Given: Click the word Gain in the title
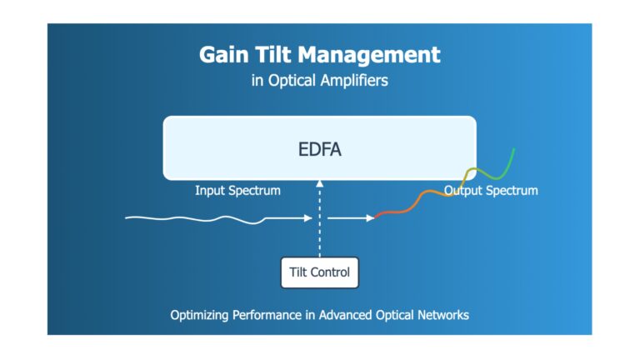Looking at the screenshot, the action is coord(223,55).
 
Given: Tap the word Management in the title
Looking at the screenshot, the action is coord(369,55).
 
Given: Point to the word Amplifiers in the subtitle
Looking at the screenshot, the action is coord(354,80).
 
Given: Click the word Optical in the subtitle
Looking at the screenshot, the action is coord(292,80).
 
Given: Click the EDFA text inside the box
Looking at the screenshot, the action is coord(320,149).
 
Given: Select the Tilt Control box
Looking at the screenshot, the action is coord(320,272).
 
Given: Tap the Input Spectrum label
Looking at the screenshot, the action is coord(237,191).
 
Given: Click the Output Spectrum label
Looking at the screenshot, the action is coord(491,191).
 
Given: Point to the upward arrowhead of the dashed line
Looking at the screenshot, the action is coord(320,183).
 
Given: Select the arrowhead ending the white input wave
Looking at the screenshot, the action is coord(308,218).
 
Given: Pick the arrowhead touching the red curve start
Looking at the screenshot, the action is coord(370,218).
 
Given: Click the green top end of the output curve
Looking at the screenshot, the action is coord(514,149).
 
